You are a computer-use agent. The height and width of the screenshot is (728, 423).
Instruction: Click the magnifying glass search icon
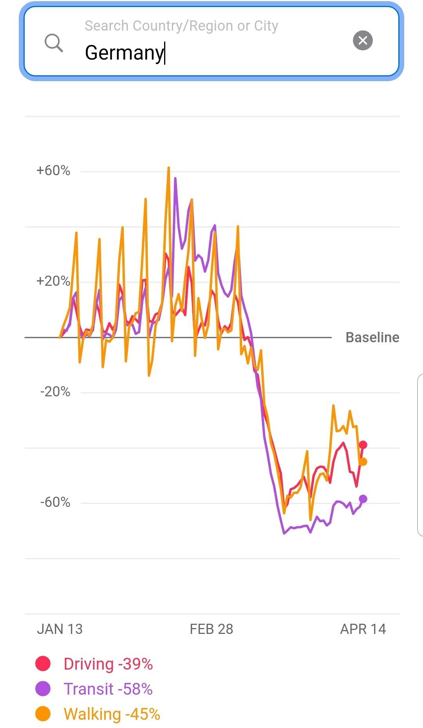54,43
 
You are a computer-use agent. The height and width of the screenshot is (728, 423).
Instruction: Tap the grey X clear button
363,40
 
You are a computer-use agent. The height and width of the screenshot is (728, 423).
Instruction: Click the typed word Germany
124,53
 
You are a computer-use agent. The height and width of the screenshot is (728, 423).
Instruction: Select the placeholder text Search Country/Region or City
181,26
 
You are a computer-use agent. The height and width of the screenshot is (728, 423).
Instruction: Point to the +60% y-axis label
53,171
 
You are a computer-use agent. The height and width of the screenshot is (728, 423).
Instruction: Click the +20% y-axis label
53,281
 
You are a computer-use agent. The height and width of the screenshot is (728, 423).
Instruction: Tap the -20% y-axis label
55,392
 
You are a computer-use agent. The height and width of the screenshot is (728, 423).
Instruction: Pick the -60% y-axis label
55,502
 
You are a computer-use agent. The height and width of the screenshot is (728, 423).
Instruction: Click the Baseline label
372,337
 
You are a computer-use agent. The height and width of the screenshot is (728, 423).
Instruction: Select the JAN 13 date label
60,629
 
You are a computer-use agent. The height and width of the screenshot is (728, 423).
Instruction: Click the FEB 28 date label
211,629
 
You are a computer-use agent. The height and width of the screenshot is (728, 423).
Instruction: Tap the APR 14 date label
363,629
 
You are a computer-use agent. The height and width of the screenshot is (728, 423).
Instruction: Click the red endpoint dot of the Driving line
363,445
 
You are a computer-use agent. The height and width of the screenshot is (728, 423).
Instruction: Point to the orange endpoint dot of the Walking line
363,462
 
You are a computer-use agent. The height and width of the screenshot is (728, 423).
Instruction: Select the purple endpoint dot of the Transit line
363,499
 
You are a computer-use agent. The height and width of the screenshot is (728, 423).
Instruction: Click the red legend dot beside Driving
43,664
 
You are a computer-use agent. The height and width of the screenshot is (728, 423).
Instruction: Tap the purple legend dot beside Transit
43,689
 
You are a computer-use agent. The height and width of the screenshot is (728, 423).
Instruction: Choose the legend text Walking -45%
112,714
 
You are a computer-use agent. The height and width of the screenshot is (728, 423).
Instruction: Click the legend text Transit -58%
108,689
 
